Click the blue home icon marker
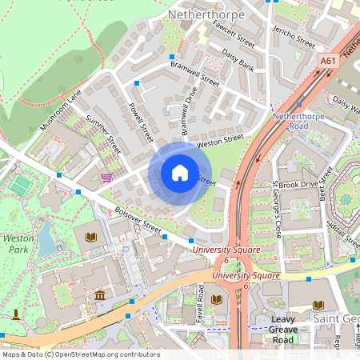coord(180,172)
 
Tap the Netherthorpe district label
coord(199,14)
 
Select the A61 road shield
coord(327,60)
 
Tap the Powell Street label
coord(140,121)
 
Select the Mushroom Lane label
coord(62,110)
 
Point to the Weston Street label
coord(220,141)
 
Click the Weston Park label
coord(17,244)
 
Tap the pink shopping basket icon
coord(106,178)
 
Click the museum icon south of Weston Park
coord(99,296)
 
